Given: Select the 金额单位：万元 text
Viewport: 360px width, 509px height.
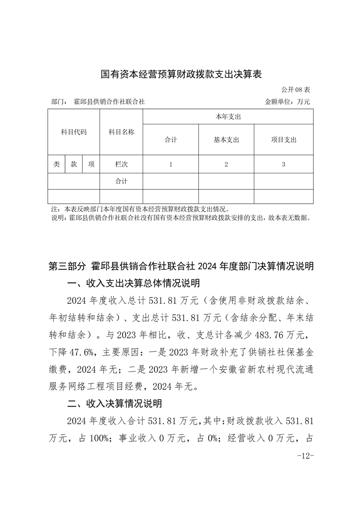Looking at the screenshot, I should pos(287,102).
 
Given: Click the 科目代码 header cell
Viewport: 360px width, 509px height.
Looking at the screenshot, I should pos(74,132).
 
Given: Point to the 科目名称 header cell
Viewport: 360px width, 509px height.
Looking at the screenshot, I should pos(121,132).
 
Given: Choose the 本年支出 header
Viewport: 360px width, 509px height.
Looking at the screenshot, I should pos(228,117).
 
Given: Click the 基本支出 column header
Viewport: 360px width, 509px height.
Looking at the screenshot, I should pos(226,140).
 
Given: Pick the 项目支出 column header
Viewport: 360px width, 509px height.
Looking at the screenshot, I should pos(283,140).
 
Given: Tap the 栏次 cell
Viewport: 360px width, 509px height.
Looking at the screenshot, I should pos(121,165).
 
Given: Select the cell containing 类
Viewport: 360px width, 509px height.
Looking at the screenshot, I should pos(56,165).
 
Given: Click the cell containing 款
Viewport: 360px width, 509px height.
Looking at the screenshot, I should pos(74,165).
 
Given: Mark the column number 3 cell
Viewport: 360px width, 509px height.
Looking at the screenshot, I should pos(283,165).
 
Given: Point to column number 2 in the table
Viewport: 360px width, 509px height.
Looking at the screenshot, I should pos(226,165).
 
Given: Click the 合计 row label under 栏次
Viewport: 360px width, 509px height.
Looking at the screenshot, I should pos(121,181).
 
